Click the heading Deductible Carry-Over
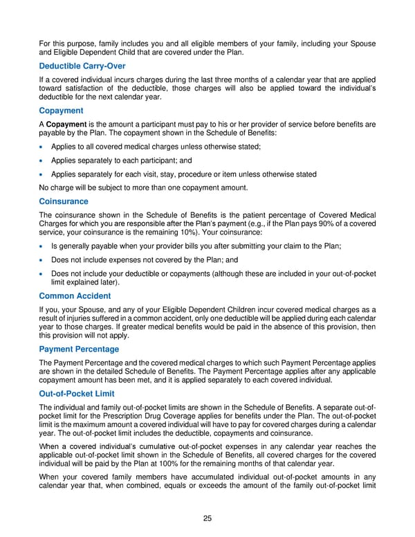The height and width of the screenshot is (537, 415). pos(82,66)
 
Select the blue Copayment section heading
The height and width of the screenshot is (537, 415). pos(62,111)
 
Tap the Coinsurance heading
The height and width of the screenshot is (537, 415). pos(64,201)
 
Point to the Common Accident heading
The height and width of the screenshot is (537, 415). pos(75,295)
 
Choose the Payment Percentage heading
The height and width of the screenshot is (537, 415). pos(79,349)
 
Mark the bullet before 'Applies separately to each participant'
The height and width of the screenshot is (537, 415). pos(43,161)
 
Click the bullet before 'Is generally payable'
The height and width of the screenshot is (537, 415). pos(43,247)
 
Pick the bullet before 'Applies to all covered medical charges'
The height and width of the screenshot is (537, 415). pos(43,147)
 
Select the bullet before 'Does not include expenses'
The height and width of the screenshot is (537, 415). pos(43,261)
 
